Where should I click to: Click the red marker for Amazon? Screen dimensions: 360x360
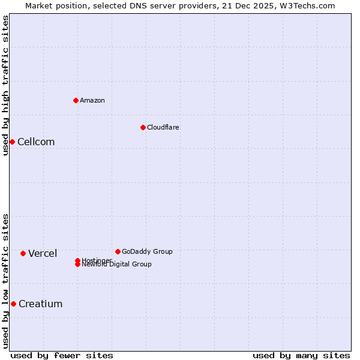coord(76,100)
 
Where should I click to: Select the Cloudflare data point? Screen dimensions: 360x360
coord(143,127)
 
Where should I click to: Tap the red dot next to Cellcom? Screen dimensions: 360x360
coord(12,142)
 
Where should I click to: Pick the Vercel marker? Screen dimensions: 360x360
coord(23,253)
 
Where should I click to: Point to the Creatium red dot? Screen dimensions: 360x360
coord(13,304)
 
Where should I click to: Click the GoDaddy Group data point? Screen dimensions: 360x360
coord(118,251)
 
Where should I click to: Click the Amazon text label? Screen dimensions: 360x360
coord(92,100)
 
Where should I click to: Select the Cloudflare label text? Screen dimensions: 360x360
coord(163,127)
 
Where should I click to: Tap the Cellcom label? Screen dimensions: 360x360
coord(36,142)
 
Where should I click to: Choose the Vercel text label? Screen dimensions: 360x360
coord(43,254)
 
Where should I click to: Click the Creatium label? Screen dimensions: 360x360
coord(40,304)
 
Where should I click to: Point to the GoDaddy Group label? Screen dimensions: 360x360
coord(147,251)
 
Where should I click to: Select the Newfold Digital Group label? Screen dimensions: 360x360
coord(116,264)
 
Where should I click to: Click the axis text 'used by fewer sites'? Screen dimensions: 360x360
coord(62,356)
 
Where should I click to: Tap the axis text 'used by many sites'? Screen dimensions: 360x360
coord(301,356)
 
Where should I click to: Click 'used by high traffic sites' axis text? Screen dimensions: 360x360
coord(5,85)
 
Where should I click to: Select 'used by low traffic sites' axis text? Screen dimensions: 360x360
coord(5,281)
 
